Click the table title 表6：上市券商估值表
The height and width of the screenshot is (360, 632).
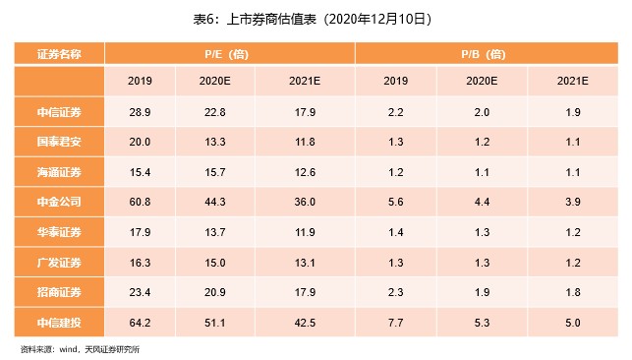(x=315, y=19)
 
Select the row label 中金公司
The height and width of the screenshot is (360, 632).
(x=59, y=202)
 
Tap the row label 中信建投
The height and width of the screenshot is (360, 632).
(x=59, y=322)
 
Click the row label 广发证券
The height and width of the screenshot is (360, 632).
(x=59, y=262)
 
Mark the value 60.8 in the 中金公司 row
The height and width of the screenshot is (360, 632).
(x=140, y=202)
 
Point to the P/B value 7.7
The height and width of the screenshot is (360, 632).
(x=395, y=322)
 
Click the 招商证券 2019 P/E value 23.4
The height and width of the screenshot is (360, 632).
(x=140, y=291)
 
